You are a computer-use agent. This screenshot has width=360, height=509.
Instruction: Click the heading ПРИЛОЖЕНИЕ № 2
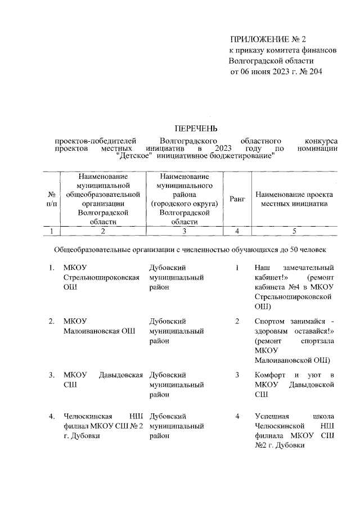click(x=267, y=39)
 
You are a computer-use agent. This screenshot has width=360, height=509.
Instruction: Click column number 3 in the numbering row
click(x=184, y=231)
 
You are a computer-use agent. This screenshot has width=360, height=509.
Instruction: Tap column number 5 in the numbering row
click(x=293, y=231)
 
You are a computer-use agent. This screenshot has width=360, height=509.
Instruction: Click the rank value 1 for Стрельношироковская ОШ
click(x=237, y=268)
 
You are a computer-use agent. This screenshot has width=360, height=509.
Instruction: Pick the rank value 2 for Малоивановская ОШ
click(x=237, y=321)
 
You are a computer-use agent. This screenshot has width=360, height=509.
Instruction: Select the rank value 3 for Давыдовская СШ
click(x=237, y=375)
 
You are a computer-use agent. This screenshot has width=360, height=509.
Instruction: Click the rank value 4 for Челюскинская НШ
click(x=237, y=416)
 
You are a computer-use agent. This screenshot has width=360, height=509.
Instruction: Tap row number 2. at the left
click(x=51, y=321)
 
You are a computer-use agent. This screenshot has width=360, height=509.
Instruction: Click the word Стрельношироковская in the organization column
click(x=101, y=278)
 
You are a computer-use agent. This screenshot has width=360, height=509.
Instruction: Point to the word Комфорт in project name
click(x=269, y=375)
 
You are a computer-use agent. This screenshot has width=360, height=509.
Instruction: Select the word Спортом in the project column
click(x=269, y=321)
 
